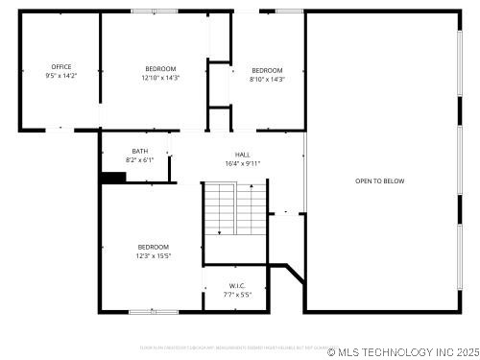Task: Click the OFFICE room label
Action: (61, 67)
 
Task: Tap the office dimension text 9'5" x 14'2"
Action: (61, 76)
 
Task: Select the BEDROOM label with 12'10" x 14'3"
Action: (160, 68)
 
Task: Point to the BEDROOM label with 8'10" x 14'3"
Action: (267, 70)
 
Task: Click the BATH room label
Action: (140, 151)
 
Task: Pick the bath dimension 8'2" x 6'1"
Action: (140, 159)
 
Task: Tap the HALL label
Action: (243, 155)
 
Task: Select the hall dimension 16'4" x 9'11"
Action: (243, 163)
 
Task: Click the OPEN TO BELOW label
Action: (379, 180)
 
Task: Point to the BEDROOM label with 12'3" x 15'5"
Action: (153, 247)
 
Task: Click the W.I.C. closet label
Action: (237, 285)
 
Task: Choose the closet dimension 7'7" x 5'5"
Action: (237, 294)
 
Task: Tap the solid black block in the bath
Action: (113, 177)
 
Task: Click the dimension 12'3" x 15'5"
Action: (153, 255)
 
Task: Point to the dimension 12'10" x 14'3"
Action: (160, 77)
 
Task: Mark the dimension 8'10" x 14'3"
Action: (267, 79)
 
